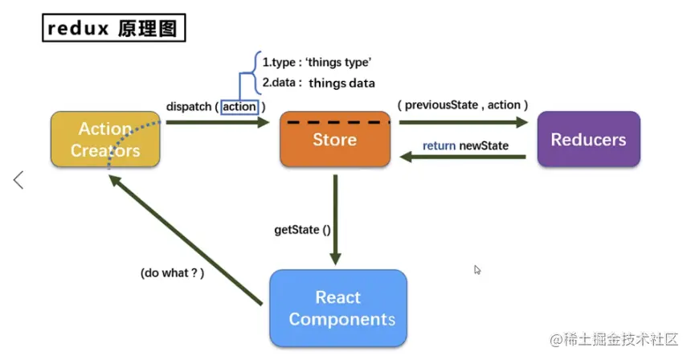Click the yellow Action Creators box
[105, 140]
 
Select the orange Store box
[334, 140]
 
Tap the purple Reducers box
[588, 140]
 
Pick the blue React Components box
[338, 308]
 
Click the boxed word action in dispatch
[239, 106]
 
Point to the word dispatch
[188, 106]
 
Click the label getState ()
[302, 229]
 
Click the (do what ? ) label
[172, 272]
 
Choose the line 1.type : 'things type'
[316, 61]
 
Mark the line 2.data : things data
[318, 82]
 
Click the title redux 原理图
[114, 28]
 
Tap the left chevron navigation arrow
[18, 180]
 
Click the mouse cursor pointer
[477, 271]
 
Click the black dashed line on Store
[334, 122]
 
